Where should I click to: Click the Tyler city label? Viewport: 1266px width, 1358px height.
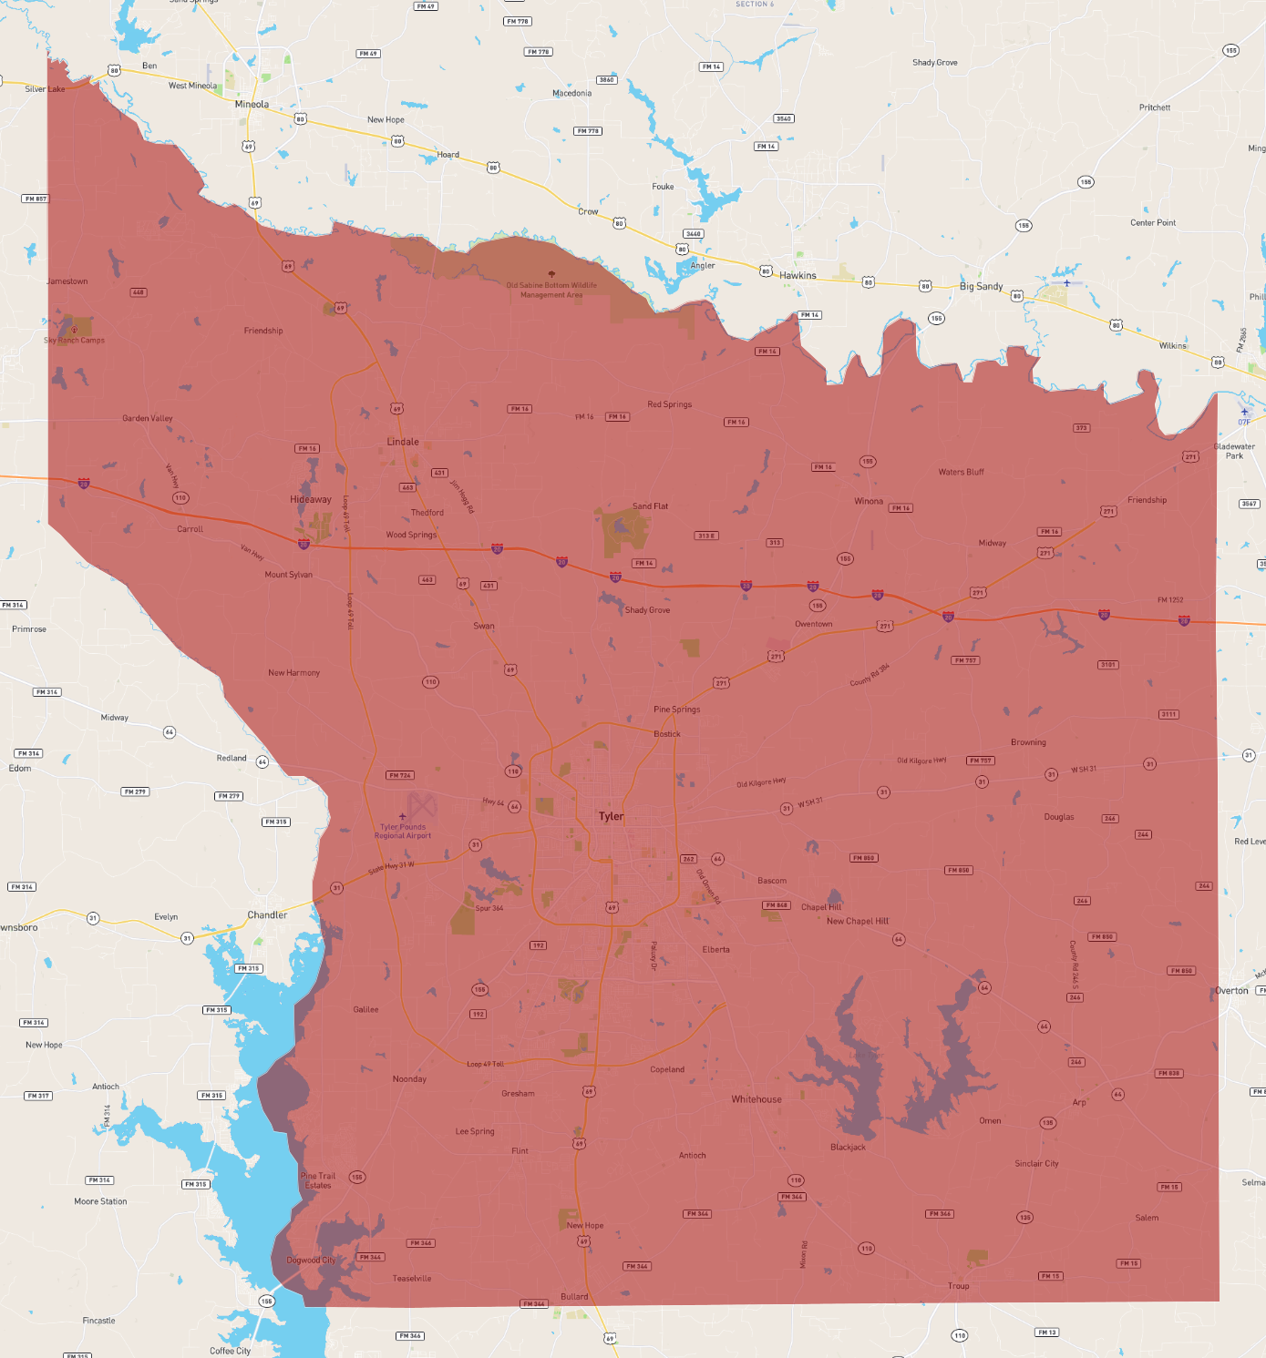611,816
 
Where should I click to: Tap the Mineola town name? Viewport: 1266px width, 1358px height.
252,104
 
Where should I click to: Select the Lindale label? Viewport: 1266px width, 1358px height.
403,442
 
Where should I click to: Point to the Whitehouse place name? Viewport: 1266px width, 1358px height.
757,1099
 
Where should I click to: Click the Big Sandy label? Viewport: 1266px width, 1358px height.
981,286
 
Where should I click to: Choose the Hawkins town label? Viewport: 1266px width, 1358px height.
798,275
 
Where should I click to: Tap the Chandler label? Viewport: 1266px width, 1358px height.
267,915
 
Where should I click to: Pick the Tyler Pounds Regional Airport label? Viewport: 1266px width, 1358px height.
403,831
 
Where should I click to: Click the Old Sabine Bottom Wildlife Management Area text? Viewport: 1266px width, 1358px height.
551,290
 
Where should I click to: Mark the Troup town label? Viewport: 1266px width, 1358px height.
958,1286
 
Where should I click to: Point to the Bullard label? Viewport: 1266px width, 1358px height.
574,1296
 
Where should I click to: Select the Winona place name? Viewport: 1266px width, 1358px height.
869,501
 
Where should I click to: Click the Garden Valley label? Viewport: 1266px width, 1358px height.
148,418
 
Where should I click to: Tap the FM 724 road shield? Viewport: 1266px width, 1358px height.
400,775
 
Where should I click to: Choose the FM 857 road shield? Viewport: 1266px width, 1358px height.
36,199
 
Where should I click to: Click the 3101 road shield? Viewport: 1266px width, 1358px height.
1108,665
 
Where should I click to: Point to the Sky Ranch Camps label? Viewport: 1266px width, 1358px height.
75,341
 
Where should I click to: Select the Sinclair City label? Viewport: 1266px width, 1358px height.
1036,1163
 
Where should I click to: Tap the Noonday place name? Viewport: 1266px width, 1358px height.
409,1079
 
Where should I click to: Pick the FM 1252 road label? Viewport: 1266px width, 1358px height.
1170,600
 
